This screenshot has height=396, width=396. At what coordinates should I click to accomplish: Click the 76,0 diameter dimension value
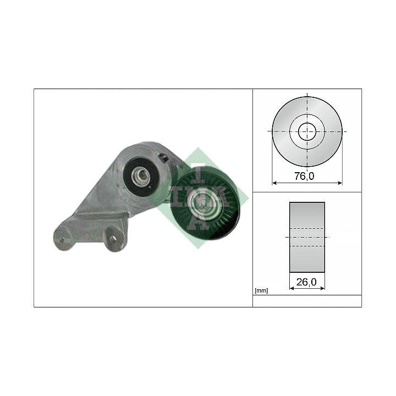tap(304, 176)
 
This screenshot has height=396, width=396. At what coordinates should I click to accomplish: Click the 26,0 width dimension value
tap(306, 282)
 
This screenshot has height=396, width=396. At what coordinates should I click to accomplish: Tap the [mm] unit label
tap(261, 291)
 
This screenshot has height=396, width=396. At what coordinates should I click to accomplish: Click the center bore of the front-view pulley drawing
tap(307, 131)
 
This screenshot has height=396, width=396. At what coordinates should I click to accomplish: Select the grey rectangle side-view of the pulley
tap(307, 237)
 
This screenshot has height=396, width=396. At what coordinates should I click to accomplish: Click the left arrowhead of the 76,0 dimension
tap(274, 183)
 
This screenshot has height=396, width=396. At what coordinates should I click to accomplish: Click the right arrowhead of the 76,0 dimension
tap(340, 183)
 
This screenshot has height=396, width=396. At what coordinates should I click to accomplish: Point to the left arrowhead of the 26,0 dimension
tap(291, 288)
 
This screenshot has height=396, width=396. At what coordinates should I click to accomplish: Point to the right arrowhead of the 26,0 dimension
tap(322, 288)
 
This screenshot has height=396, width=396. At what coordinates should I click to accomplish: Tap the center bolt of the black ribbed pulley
tap(201, 201)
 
